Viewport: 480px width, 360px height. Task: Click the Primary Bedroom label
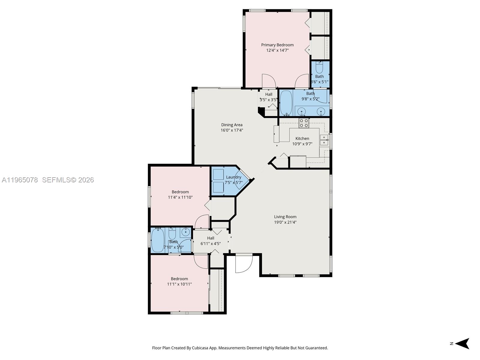277,45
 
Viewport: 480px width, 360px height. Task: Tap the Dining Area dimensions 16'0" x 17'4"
232,130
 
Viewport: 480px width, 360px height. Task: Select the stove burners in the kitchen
304,123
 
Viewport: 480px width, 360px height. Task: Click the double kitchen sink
324,140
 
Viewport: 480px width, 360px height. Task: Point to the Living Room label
285,217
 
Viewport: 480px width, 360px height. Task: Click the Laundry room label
233,177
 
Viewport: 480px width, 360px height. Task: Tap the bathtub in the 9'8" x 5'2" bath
286,103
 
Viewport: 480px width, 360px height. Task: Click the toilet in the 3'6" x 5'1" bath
319,68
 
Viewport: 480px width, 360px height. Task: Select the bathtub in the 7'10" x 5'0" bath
157,240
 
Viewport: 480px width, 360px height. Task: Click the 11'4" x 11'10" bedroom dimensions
180,197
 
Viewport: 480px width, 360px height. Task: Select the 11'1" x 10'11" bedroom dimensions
179,284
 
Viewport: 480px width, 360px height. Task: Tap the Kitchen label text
302,138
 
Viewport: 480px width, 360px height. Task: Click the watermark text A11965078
20,180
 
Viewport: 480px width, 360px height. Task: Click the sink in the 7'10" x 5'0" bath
186,232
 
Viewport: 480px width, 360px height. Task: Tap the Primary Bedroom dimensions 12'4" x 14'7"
277,50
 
